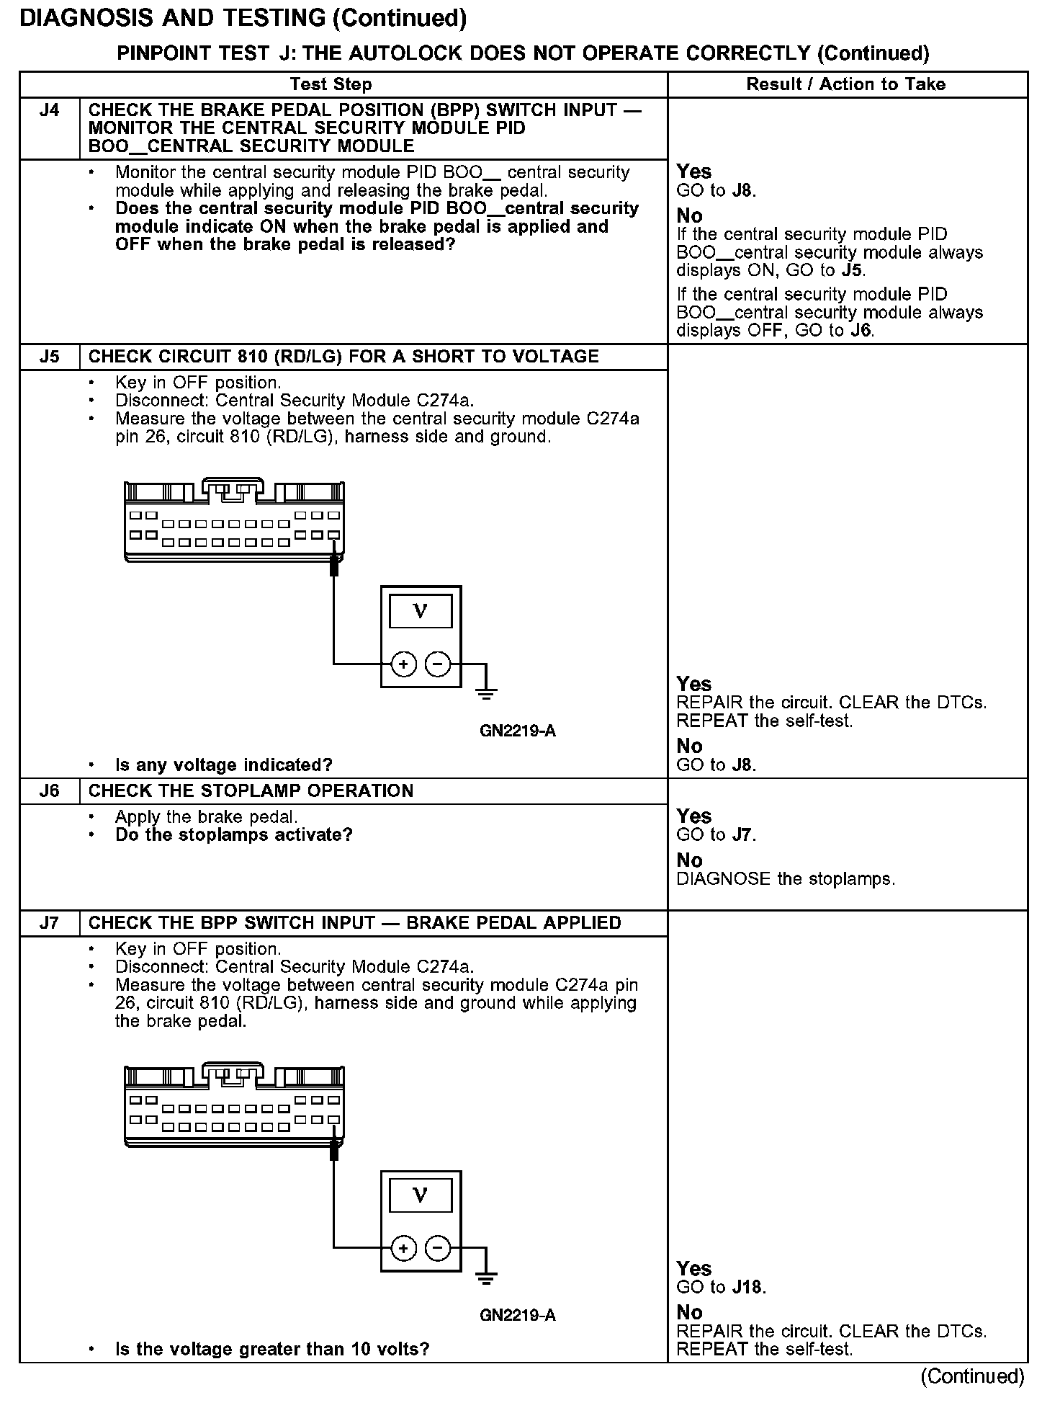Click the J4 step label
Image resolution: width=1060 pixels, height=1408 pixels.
pos(49,110)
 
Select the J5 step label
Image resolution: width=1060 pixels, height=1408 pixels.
pos(49,357)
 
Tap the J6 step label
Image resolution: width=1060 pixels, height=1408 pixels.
pos(49,791)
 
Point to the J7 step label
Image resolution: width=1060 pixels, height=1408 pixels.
pos(49,923)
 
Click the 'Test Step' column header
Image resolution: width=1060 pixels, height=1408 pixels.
pos(331,84)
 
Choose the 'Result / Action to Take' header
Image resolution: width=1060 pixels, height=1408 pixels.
pos(845,84)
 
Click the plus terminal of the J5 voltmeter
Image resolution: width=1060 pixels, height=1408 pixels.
pos(403,664)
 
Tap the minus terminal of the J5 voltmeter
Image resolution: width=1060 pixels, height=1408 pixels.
pos(438,664)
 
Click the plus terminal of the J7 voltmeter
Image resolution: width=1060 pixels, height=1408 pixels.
pos(403,1248)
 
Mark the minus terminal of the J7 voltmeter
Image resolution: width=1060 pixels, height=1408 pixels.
pos(438,1248)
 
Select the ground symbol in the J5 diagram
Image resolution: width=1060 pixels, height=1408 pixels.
pos(487,693)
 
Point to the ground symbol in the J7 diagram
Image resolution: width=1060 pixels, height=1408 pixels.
pos(487,1278)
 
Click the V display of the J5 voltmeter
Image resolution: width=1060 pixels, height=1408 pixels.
pos(421,612)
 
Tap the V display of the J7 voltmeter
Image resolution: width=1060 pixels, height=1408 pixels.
pos(421,1196)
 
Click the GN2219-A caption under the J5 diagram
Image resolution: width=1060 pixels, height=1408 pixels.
pos(517,731)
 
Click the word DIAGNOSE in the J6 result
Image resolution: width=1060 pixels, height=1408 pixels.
pos(723,879)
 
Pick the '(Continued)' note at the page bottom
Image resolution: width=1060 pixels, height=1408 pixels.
pos(971,1376)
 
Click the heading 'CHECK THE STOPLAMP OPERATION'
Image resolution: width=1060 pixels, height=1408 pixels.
pos(251,791)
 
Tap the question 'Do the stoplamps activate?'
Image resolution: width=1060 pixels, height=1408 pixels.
pos(234,835)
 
